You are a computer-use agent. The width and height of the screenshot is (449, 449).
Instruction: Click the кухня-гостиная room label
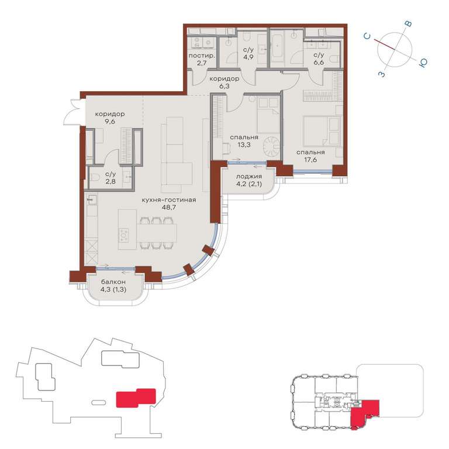pos(168,200)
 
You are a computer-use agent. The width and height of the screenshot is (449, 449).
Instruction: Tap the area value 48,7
pos(168,208)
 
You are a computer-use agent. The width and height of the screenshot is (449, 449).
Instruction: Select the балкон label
pos(113,282)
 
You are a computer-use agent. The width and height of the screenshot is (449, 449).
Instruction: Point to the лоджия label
pos(249,177)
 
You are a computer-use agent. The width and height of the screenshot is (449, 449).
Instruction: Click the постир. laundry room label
pos(202,56)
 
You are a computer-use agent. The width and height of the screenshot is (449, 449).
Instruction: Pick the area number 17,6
pos(310,160)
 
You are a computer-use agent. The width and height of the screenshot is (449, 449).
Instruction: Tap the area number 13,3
pos(244,144)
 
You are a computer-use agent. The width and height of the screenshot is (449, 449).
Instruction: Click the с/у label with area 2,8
pos(110,174)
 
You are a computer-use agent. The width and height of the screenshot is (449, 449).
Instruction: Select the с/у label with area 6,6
pos(319,55)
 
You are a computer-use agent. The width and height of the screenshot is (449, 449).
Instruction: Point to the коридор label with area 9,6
pos(110,114)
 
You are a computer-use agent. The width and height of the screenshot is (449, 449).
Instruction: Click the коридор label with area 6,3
pos(224,79)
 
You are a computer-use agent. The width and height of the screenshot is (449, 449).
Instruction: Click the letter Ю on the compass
pos(423,63)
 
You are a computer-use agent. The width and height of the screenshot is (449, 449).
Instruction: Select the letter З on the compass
pos(382,74)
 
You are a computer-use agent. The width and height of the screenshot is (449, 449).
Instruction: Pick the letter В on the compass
pos(409,24)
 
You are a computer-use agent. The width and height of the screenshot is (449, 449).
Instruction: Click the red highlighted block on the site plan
pos(136,398)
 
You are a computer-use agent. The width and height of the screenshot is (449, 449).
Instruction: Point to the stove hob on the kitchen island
pos(124,236)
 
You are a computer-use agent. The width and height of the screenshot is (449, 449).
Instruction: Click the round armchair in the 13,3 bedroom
pos(271,146)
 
